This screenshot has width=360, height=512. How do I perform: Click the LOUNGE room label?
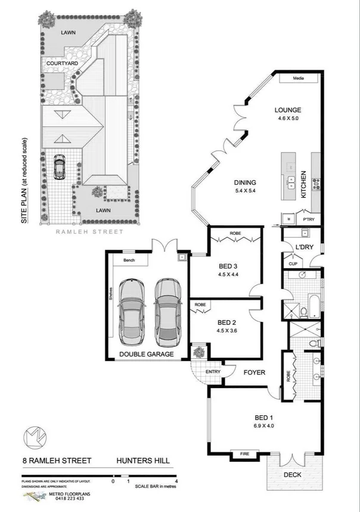(288, 110)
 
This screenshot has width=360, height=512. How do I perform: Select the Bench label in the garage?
(128, 260)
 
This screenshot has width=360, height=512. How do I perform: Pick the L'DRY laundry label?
(296, 247)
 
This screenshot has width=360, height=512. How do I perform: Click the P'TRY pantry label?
(308, 211)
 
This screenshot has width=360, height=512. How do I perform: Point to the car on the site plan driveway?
(59, 166)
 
